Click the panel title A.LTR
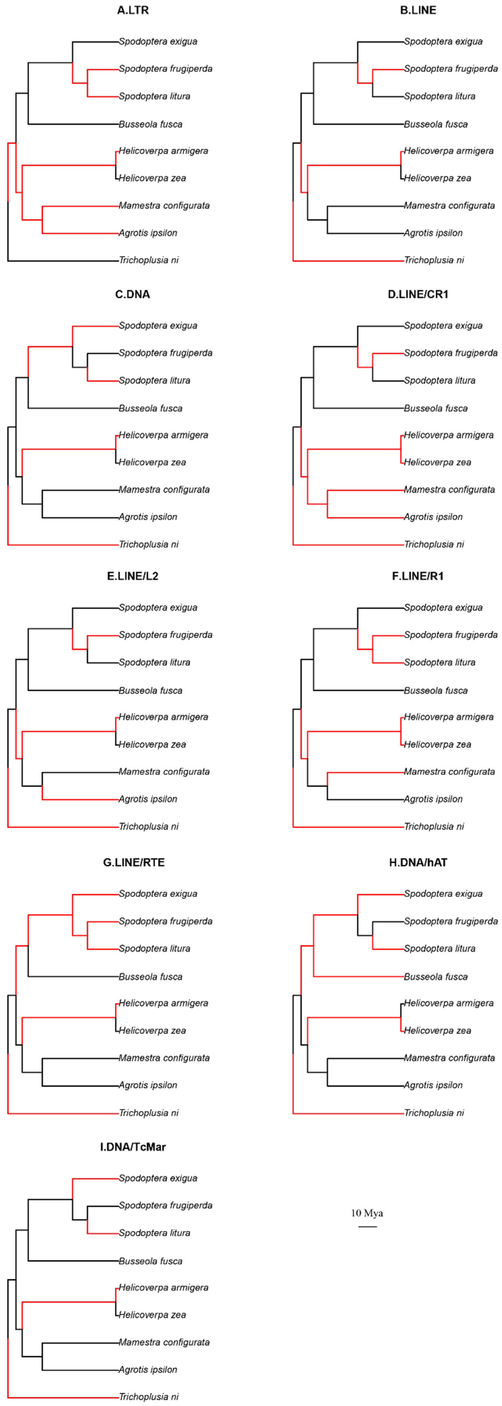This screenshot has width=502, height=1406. [132, 10]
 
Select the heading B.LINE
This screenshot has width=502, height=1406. [418, 10]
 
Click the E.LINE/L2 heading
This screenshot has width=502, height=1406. [132, 576]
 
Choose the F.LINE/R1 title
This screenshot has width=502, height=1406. [418, 576]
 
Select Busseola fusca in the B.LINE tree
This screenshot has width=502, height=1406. [436, 124]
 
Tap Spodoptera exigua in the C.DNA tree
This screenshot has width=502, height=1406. [158, 326]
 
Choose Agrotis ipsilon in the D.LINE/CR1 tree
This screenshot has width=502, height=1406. [433, 517]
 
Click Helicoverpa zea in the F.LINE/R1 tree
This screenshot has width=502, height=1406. [437, 744]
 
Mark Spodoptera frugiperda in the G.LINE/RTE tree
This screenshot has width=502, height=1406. [165, 921]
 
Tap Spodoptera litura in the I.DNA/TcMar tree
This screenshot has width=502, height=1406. [154, 1233]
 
